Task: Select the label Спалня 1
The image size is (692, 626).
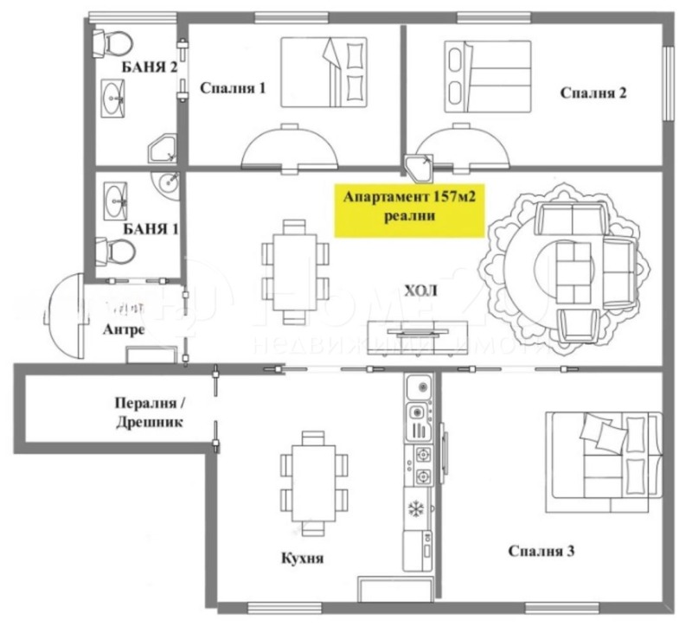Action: tap(233, 88)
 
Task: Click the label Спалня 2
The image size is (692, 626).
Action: tap(593, 93)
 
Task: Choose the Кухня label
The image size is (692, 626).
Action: tap(302, 559)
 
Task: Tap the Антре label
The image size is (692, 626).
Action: tap(121, 329)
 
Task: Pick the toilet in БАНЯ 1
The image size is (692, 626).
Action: tap(116, 251)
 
